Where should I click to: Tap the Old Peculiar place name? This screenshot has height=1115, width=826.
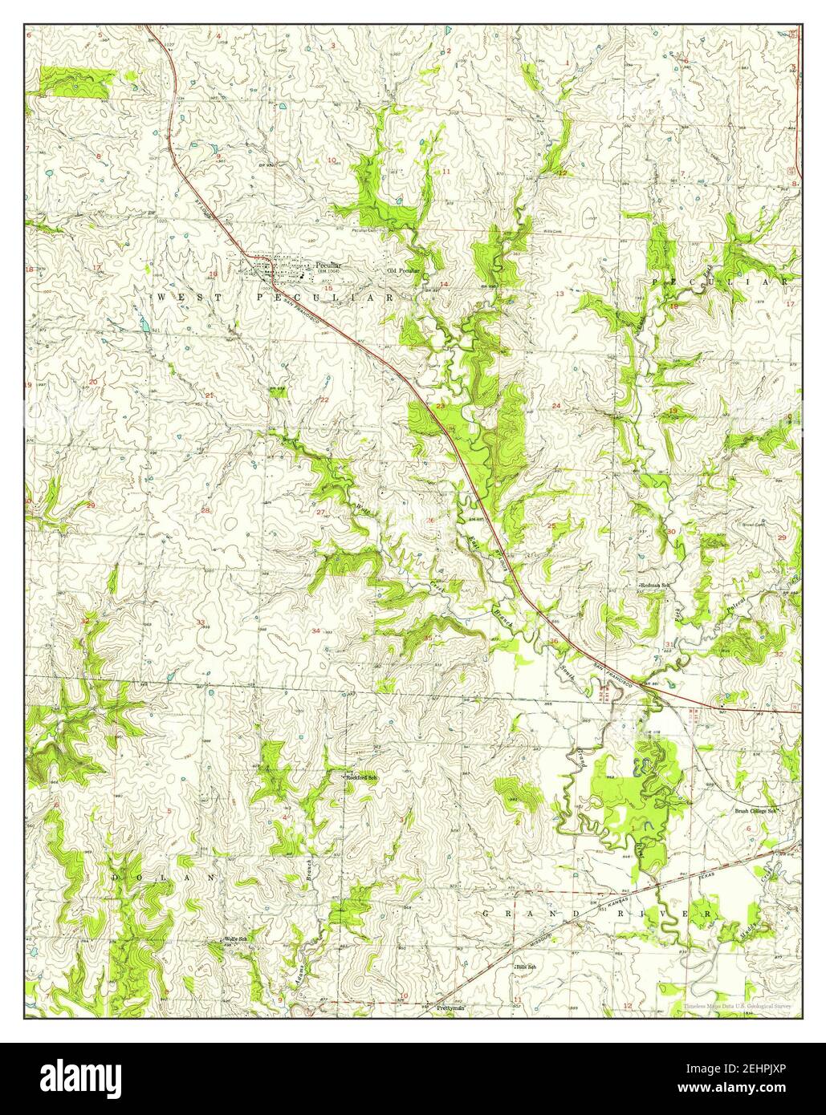(404, 271)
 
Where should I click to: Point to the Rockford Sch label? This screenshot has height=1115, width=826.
(362, 777)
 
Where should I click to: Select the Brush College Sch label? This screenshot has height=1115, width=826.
(757, 810)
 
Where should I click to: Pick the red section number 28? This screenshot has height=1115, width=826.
(205, 511)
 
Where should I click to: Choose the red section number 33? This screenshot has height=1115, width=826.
(200, 622)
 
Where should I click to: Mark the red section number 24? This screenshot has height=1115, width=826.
(556, 406)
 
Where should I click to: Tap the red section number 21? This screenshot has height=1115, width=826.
(210, 395)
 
